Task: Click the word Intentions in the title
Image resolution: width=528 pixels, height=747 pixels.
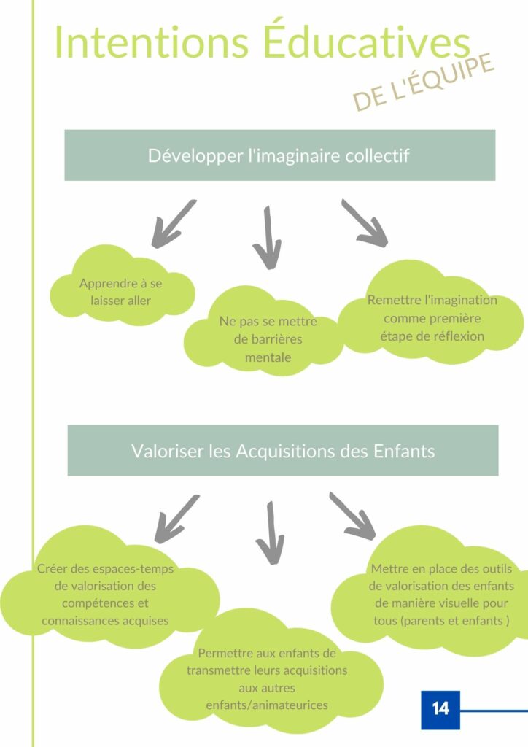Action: [x=152, y=43]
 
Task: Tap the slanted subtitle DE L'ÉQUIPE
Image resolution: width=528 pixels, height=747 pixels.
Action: [x=423, y=82]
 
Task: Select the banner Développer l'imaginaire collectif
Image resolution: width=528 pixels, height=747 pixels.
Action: [x=280, y=155]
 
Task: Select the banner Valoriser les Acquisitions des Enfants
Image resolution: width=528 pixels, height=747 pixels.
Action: [x=283, y=451]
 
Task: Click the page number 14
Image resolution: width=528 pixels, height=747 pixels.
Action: [x=440, y=709]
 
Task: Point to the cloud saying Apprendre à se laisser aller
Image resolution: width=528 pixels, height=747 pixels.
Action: [x=122, y=288]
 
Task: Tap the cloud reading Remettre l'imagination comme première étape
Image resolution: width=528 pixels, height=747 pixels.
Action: [x=431, y=314]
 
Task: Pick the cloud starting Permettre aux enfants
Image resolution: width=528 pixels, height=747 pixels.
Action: [x=271, y=672]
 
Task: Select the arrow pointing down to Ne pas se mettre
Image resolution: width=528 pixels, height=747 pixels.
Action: [x=268, y=239]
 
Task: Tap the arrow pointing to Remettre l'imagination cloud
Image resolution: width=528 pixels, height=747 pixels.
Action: [x=365, y=223]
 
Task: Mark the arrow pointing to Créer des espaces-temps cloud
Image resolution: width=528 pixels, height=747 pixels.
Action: [x=176, y=519]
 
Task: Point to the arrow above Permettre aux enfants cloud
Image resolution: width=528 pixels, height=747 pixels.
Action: [x=271, y=533]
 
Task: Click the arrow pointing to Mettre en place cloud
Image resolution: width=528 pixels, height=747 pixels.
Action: [x=353, y=516]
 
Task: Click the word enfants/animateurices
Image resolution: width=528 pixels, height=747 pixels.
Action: [x=267, y=705]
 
